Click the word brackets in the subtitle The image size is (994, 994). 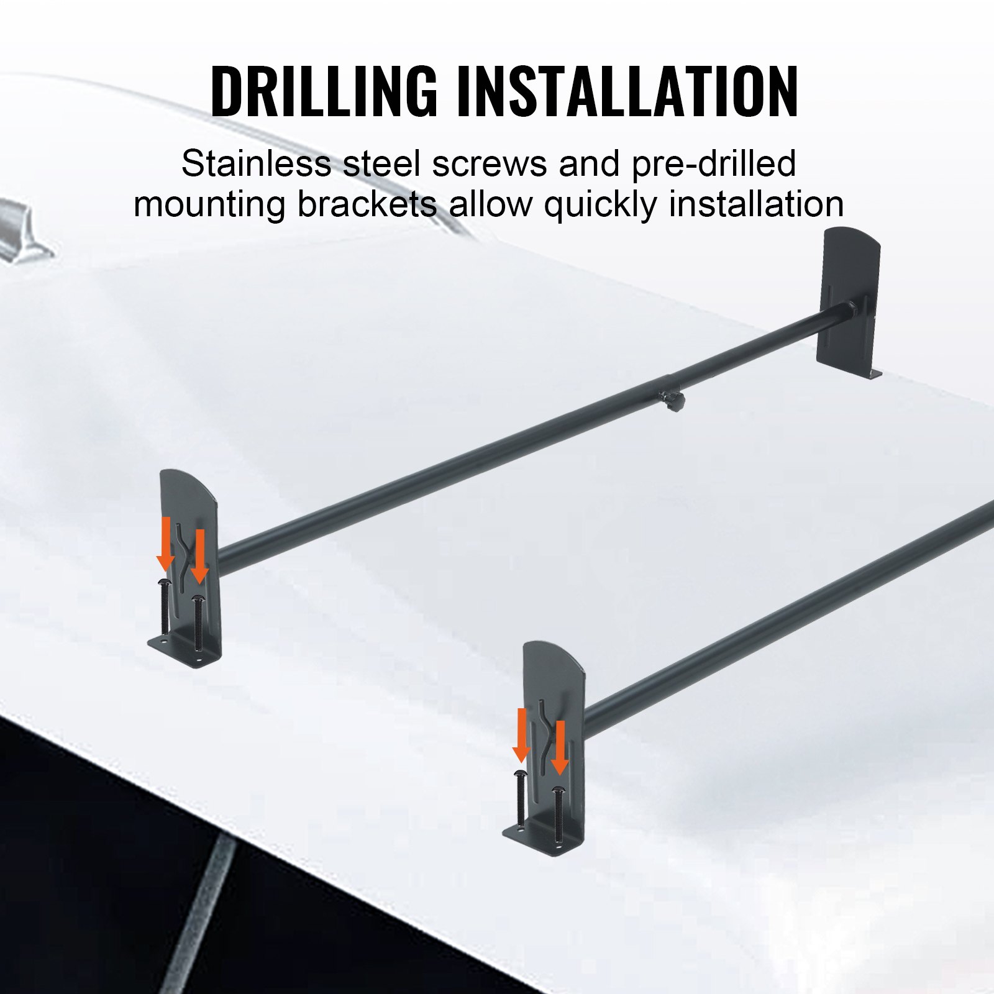click(367, 205)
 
